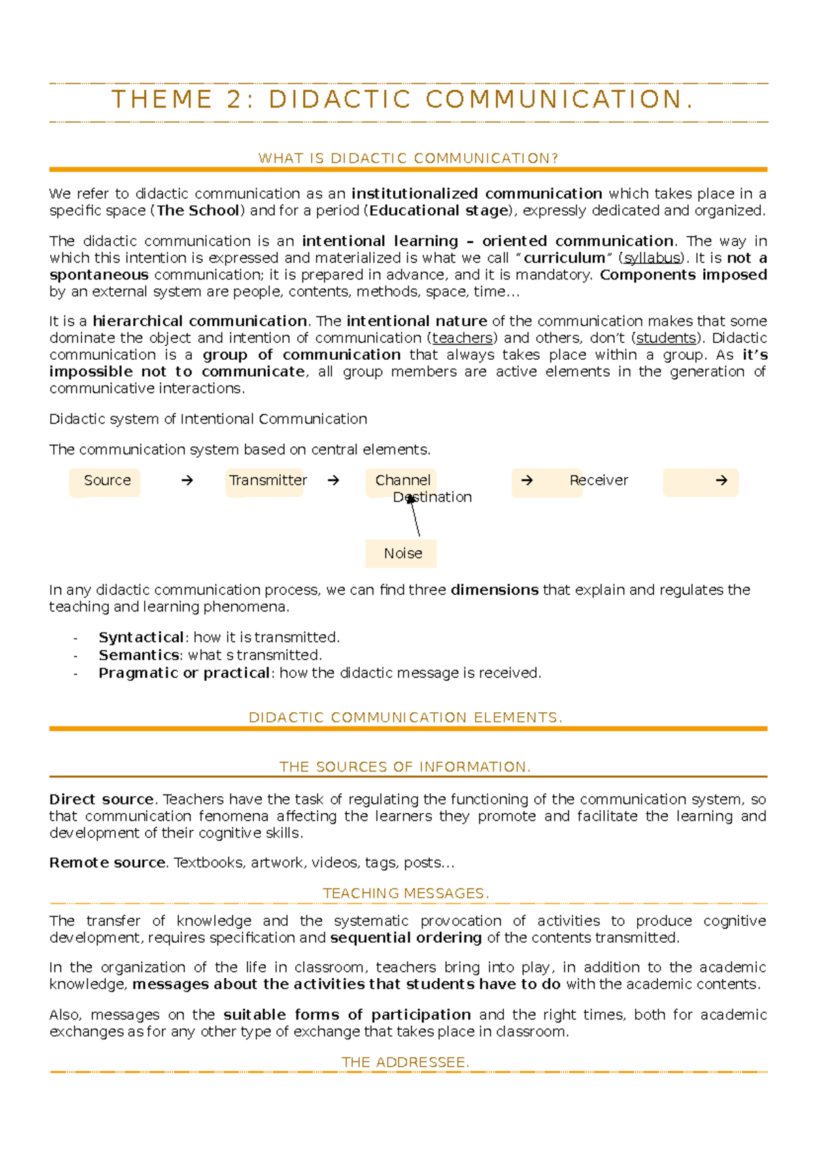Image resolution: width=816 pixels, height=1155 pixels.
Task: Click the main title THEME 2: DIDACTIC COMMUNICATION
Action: (403, 100)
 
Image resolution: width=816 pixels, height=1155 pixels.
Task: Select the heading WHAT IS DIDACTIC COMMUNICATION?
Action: (408, 158)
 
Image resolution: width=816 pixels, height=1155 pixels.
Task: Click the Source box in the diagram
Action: (105, 481)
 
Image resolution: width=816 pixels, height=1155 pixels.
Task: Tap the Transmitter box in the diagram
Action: (267, 481)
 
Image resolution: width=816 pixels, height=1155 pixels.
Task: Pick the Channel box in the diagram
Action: (402, 480)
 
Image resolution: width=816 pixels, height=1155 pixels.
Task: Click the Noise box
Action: (402, 554)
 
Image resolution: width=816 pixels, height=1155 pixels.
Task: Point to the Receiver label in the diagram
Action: (598, 481)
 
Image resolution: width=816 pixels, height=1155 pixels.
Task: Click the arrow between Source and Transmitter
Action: (187, 481)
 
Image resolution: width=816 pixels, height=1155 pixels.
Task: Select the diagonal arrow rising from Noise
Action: (415, 518)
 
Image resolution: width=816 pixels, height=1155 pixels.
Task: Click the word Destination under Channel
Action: (432, 497)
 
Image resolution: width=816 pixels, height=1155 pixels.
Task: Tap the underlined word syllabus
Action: (651, 258)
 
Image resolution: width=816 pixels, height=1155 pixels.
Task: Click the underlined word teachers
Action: (462, 338)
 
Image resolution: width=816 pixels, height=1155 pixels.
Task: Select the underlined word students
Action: (666, 338)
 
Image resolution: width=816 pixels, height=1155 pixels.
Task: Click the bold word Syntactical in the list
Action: (141, 637)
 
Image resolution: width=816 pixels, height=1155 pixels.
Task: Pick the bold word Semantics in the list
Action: (139, 655)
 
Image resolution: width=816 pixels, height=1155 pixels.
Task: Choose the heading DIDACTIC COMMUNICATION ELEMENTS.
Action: (406, 718)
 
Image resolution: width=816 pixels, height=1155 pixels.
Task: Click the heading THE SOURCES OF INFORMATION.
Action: (405, 767)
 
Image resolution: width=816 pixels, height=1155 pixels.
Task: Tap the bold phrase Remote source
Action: (107, 863)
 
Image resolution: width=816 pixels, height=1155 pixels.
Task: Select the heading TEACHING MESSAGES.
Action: (406, 894)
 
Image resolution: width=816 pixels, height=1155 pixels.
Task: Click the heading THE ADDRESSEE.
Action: (405, 1062)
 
